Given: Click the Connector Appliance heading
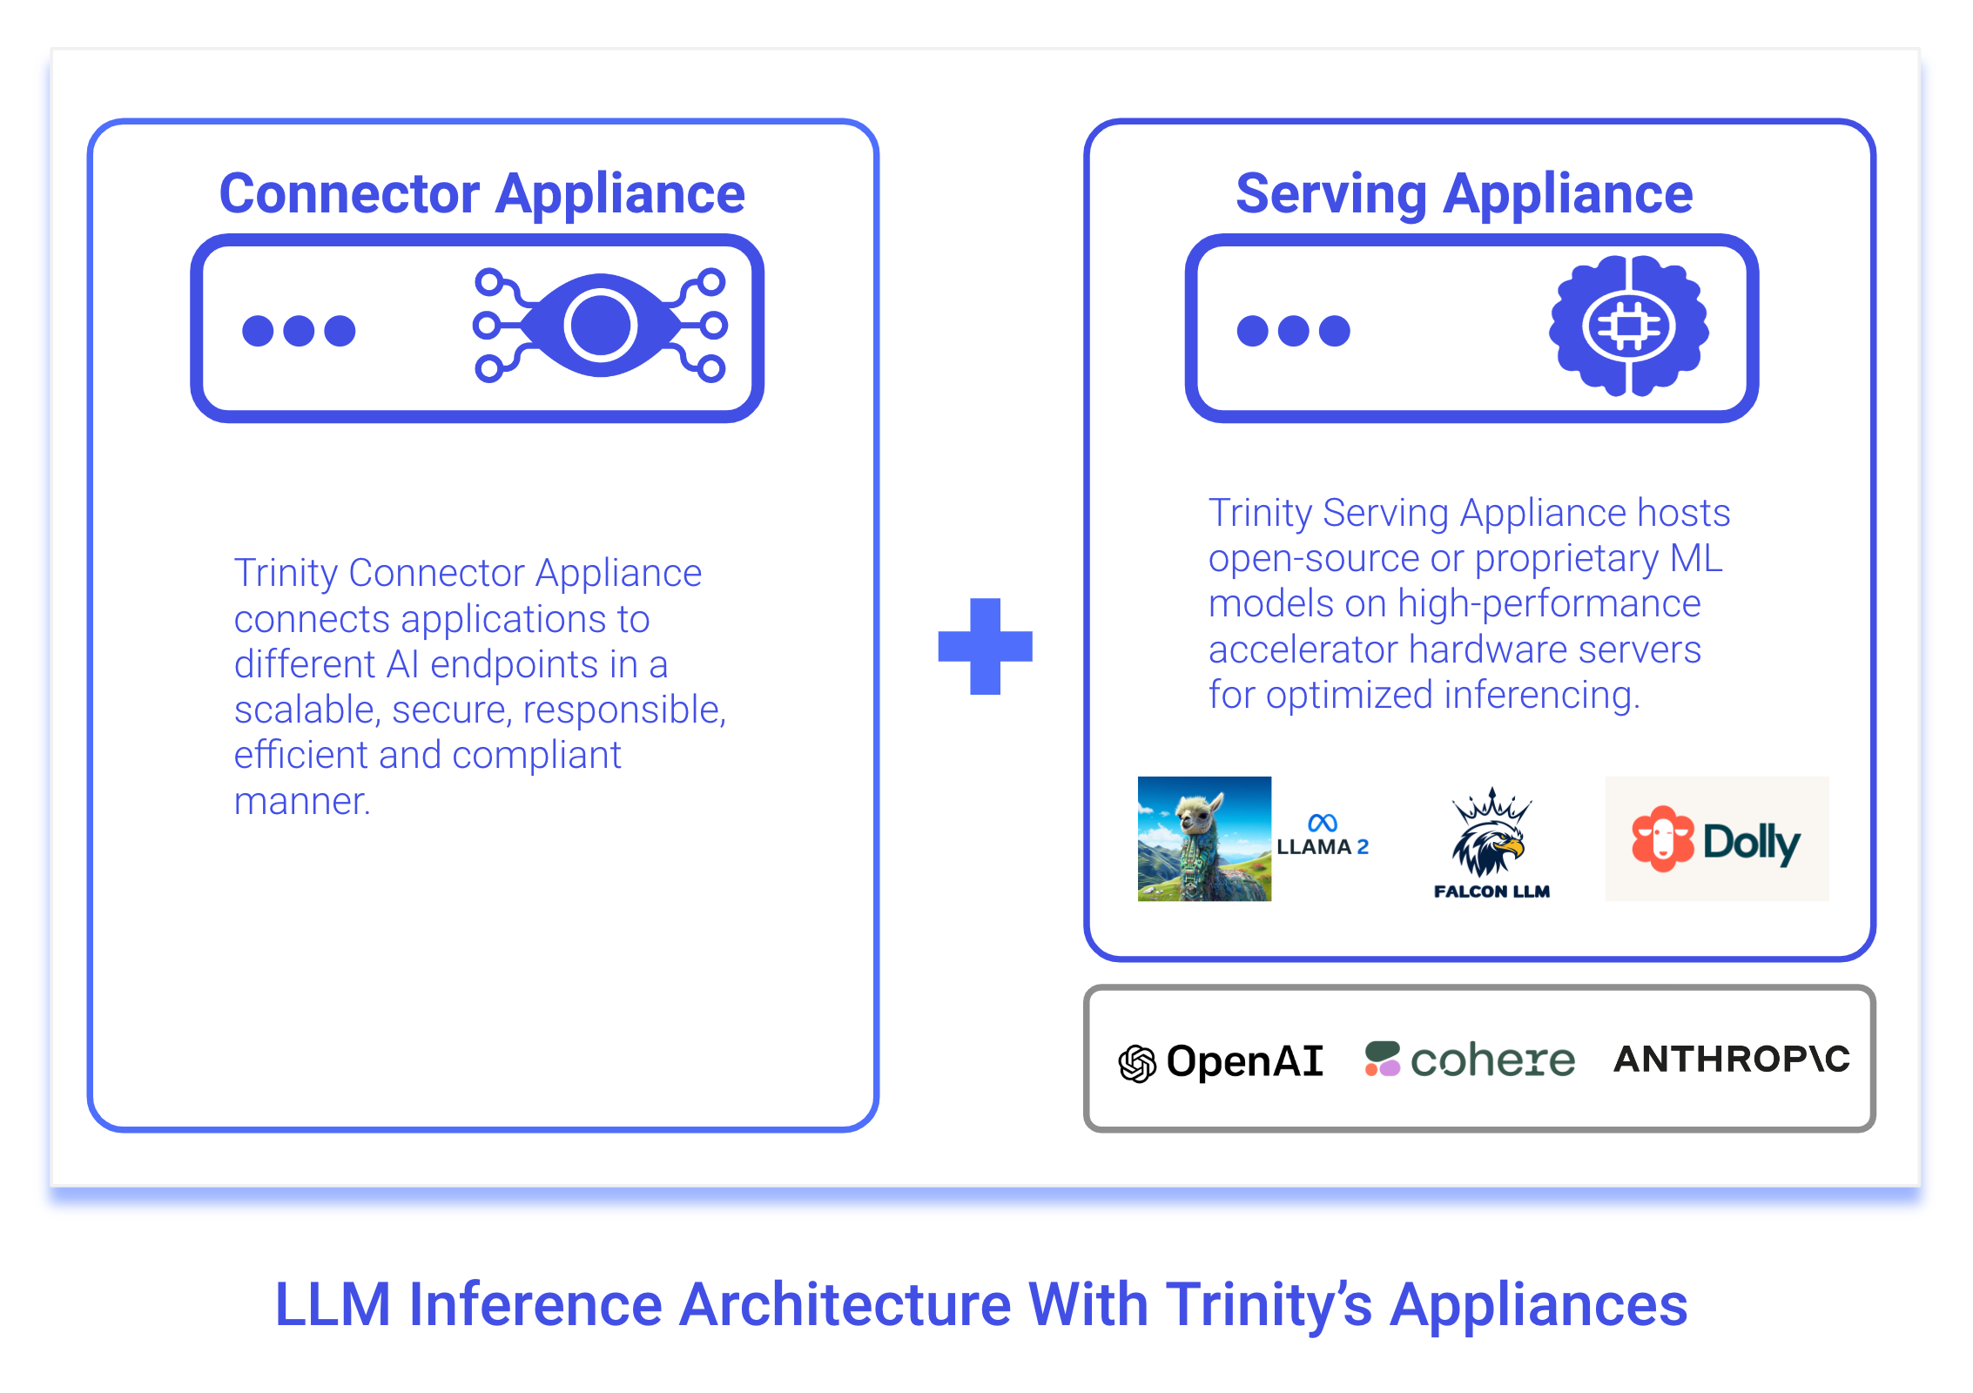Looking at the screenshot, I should tap(481, 193).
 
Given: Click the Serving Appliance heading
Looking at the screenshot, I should tap(1464, 193).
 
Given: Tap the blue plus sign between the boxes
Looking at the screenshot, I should tap(985, 646).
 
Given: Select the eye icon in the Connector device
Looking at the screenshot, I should tap(601, 326).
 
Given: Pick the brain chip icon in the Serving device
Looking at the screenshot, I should tap(1628, 326).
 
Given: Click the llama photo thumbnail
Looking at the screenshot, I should tap(1204, 838).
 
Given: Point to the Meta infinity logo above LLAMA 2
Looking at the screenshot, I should tap(1323, 823).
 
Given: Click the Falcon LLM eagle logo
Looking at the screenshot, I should tap(1490, 833).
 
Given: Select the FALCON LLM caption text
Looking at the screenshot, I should tap(1492, 892).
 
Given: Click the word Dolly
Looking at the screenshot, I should tap(1751, 842).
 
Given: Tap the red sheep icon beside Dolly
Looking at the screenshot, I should tap(1662, 838).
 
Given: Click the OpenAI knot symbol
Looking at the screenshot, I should tap(1137, 1063).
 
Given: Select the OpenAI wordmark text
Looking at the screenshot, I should tap(1245, 1061).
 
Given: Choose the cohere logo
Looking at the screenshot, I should tap(1471, 1060).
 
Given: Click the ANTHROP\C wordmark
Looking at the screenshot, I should tap(1731, 1059).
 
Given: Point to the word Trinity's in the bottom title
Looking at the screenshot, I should tap(1269, 1305).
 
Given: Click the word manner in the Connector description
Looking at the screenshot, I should tap(301, 801).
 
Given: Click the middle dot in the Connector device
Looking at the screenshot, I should tap(299, 331).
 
